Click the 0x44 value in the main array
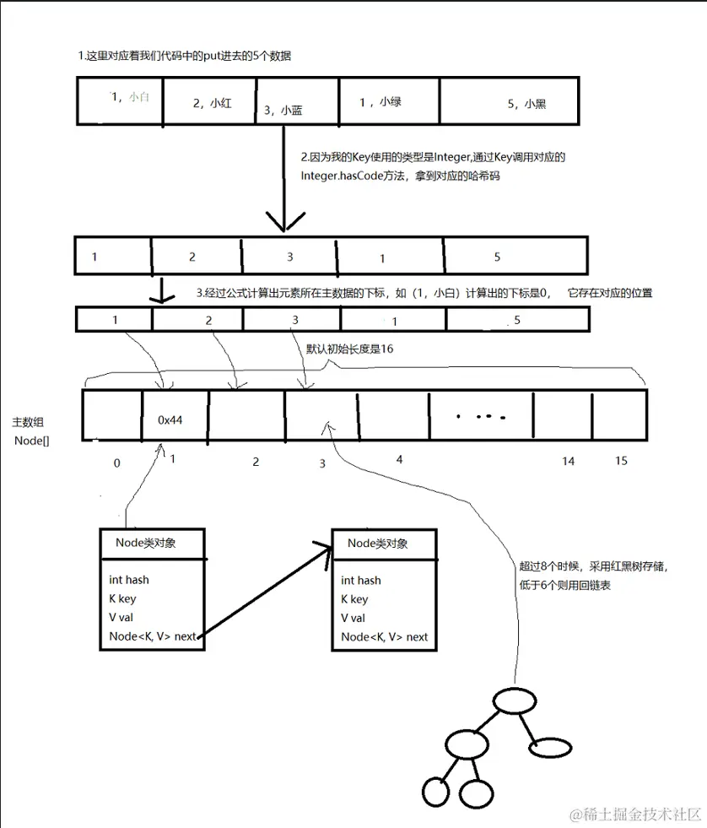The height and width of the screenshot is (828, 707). tap(171, 419)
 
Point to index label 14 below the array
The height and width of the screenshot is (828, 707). tap(568, 462)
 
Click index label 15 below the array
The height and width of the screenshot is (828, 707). tap(621, 462)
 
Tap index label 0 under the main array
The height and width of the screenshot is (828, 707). tap(116, 463)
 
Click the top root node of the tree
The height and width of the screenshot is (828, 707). tap(514, 701)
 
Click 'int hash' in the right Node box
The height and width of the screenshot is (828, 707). tap(361, 580)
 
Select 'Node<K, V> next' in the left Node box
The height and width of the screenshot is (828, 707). tap(152, 636)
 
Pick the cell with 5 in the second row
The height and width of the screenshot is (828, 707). tap(497, 256)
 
